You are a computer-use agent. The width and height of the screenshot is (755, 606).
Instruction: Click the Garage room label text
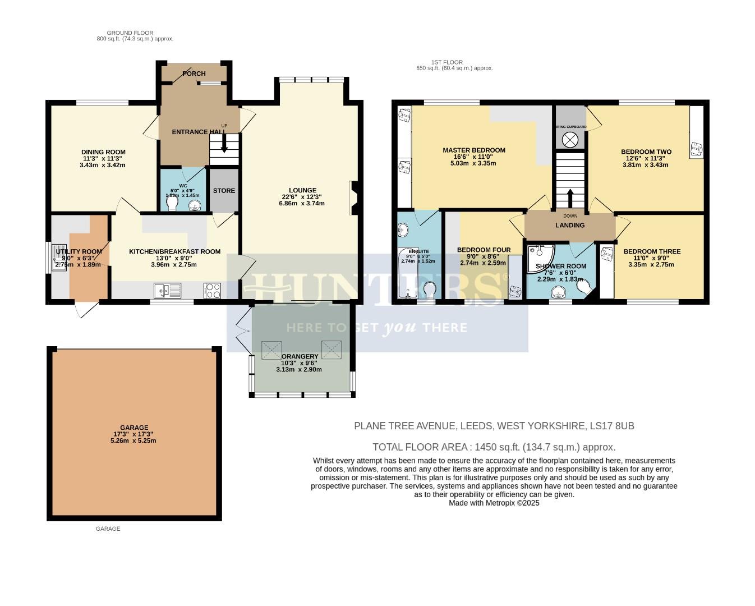[x=133, y=428]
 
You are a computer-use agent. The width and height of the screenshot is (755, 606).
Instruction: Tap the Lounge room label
[x=302, y=190]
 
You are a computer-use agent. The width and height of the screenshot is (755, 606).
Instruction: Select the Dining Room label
[x=103, y=152]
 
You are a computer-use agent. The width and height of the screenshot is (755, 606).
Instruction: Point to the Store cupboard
[x=224, y=190]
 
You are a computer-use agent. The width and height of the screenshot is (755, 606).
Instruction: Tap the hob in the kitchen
[x=213, y=290]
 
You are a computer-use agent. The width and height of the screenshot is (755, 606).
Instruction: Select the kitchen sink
[x=168, y=291]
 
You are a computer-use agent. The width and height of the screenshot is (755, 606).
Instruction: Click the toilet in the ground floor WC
[x=172, y=203]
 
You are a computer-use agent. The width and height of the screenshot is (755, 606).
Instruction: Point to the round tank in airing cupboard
[x=570, y=140]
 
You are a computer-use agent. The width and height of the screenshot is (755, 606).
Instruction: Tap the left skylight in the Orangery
[x=272, y=350]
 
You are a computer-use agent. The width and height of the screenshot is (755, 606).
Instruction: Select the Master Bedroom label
[x=474, y=150]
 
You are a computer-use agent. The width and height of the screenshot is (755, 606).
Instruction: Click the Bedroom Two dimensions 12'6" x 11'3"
[x=646, y=158]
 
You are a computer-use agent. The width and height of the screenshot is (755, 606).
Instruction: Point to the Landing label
[x=570, y=225]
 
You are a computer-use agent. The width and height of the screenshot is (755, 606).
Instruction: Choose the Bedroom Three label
[x=652, y=252]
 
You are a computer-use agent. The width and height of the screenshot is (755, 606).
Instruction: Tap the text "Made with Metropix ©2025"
[x=494, y=503]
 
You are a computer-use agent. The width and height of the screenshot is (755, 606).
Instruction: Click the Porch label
[x=194, y=74]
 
